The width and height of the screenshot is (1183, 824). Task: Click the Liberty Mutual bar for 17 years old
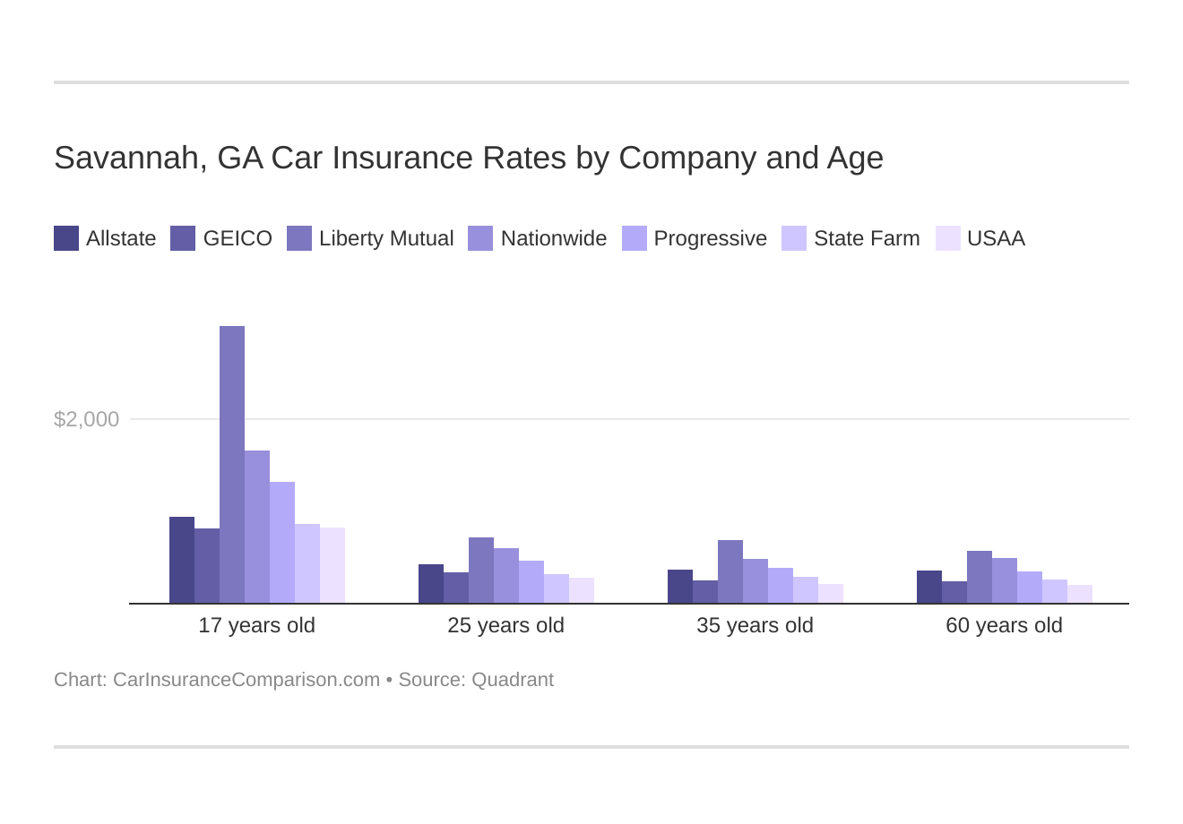pos(232,466)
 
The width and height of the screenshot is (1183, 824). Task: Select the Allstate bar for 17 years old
pos(182,561)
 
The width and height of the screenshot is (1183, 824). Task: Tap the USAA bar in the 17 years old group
pos(332,566)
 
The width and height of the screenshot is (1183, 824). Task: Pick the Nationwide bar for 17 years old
pos(257,528)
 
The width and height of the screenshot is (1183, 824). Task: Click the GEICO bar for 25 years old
pos(456,588)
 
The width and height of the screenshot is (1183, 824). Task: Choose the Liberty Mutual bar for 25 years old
pos(481,571)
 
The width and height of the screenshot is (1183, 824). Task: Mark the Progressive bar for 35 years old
pos(781,586)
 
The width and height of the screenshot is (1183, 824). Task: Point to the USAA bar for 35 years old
pos(831,594)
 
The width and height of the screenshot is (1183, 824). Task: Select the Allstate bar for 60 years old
pos(929,588)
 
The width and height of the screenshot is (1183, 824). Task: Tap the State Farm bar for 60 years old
pos(1055,592)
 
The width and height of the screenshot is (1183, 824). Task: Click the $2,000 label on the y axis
pos(86,419)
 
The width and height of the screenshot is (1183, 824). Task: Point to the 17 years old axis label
pos(256,625)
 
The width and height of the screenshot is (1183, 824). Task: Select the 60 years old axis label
pos(1004,625)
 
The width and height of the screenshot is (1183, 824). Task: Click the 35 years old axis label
pos(755,625)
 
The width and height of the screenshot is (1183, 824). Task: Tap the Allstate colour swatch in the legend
pos(66,238)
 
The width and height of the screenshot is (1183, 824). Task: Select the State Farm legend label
pos(866,238)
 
